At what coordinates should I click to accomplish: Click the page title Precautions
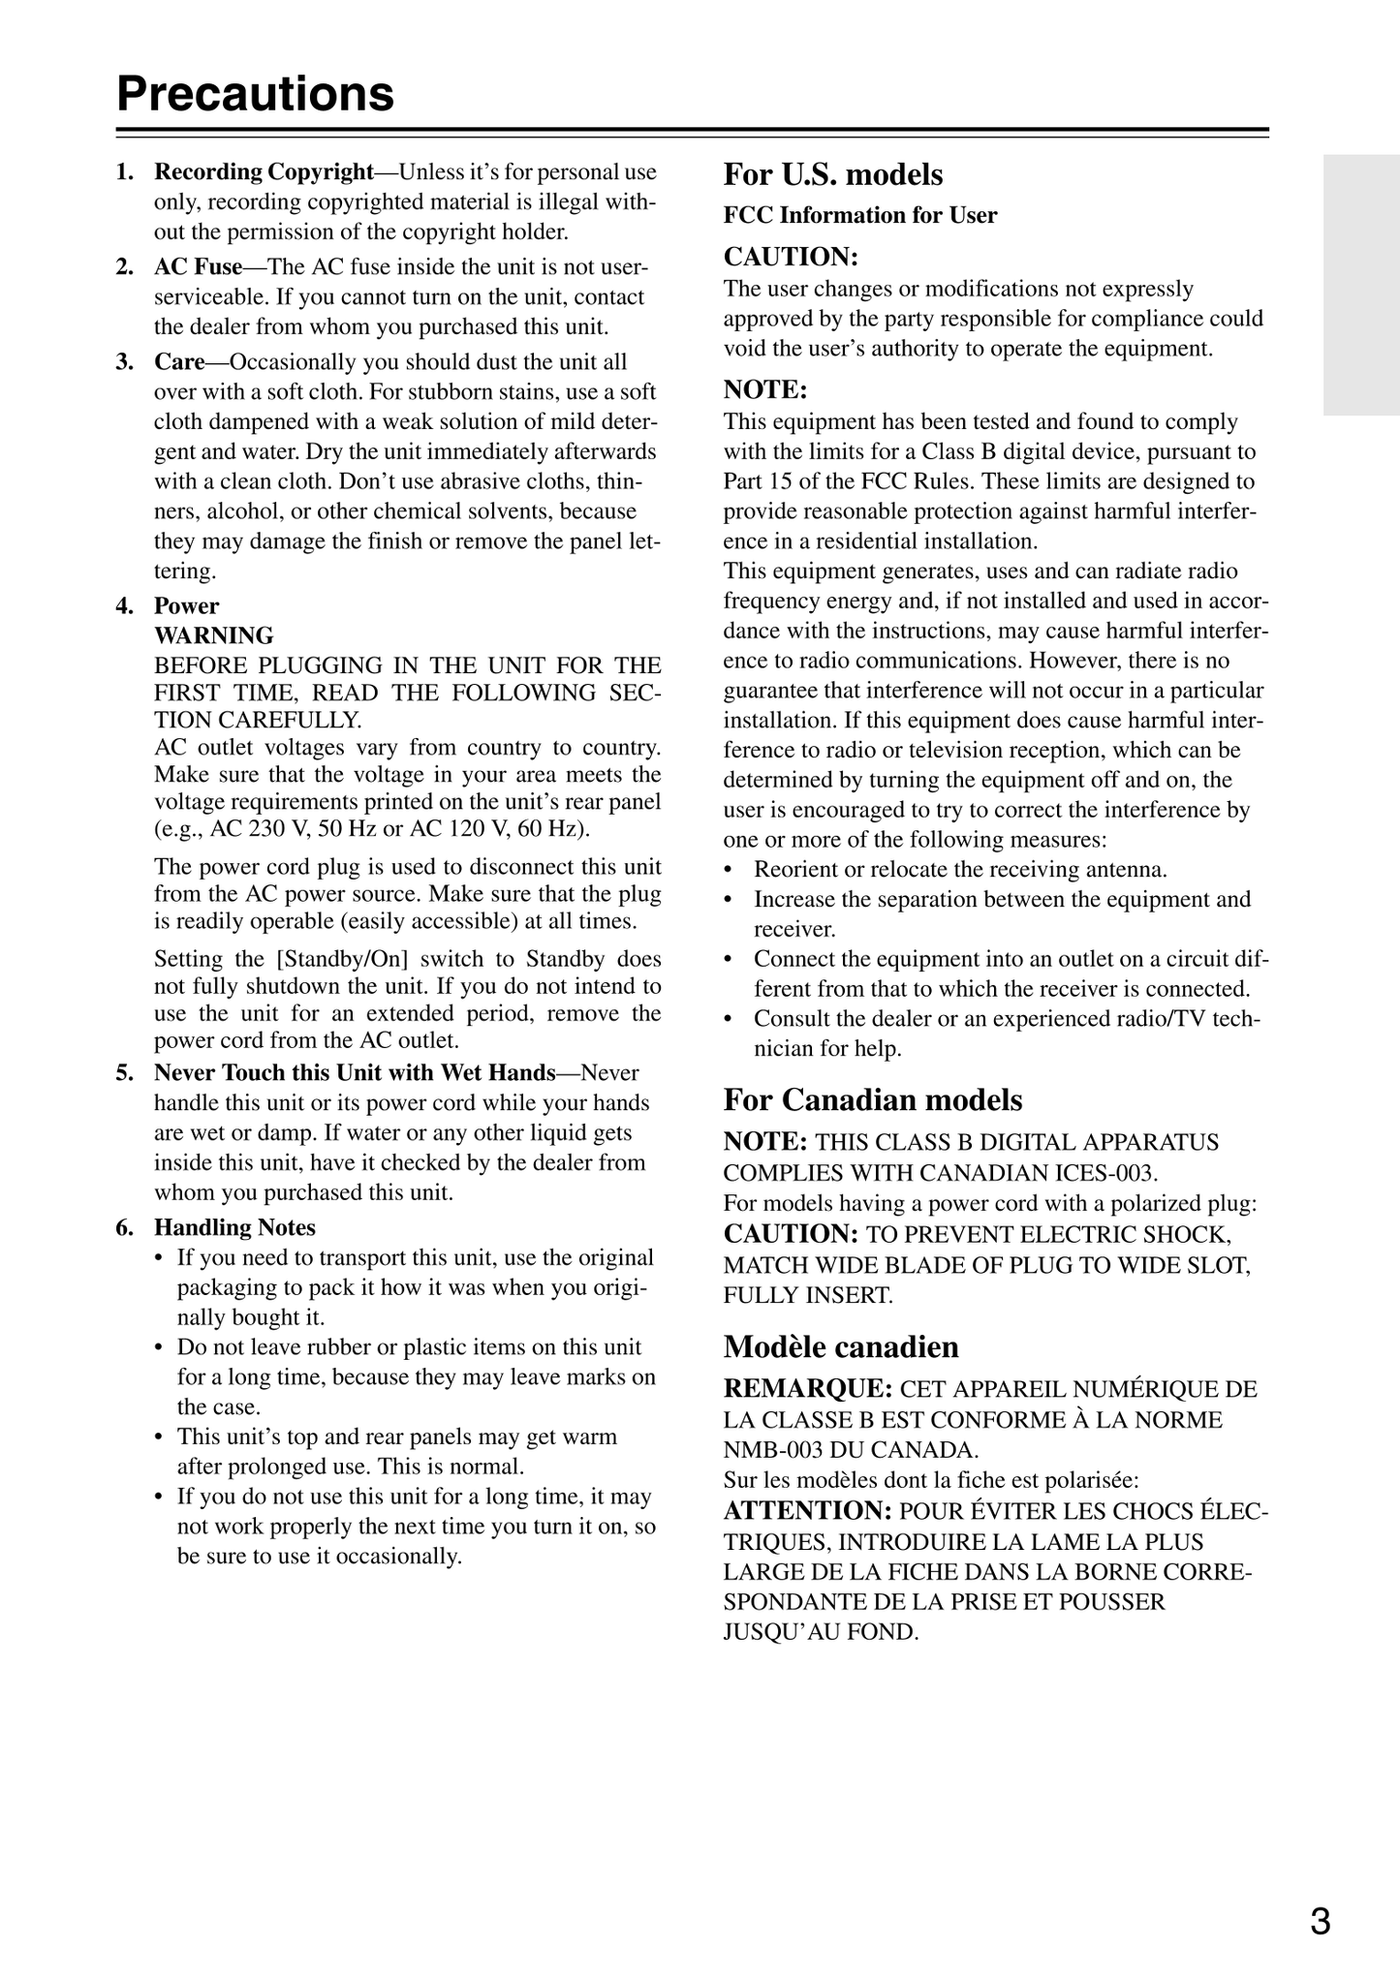tap(256, 95)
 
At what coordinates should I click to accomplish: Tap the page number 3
tap(1320, 1921)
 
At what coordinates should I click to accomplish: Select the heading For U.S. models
tap(832, 174)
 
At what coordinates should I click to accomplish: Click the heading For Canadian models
tap(872, 1100)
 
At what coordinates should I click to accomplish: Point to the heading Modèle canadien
tap(841, 1347)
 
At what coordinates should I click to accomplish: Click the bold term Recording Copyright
tap(264, 172)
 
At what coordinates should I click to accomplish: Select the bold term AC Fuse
tap(198, 267)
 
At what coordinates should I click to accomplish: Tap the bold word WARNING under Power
tap(213, 636)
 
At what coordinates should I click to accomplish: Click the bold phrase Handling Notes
tap(234, 1228)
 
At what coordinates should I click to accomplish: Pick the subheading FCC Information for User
tap(859, 215)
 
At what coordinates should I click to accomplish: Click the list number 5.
tap(123, 1073)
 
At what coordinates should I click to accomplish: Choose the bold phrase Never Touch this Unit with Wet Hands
tap(355, 1073)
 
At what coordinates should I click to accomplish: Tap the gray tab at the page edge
tap(1360, 285)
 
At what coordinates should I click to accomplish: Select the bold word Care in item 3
tap(179, 362)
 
